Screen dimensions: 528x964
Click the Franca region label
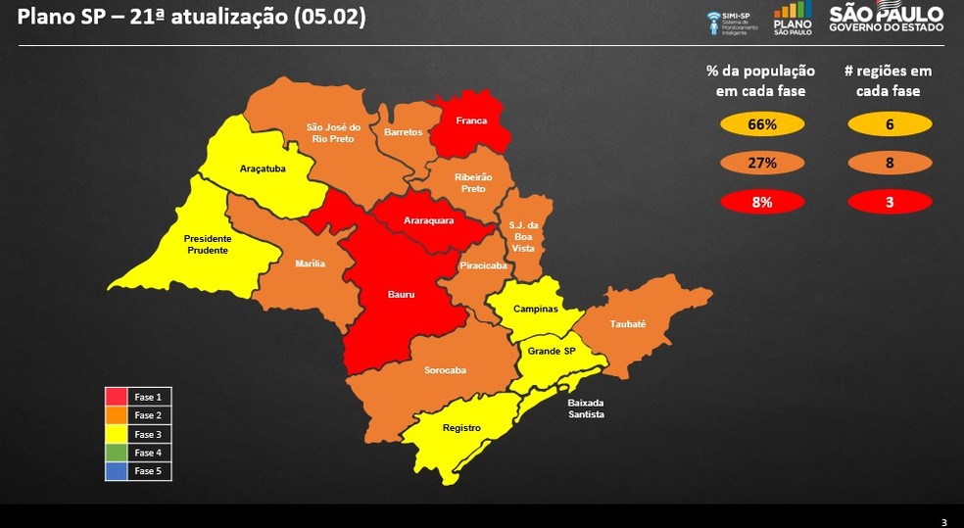pos(471,121)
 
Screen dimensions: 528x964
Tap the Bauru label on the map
pos(401,293)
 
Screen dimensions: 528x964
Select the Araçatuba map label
pos(263,168)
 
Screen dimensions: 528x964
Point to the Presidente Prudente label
pos(207,244)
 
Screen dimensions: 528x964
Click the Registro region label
pos(460,427)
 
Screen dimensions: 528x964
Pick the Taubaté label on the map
pos(628,323)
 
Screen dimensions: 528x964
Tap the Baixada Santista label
pos(586,408)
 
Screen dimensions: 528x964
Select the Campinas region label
pos(535,309)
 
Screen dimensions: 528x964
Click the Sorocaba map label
pos(445,370)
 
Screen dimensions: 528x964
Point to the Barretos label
pos(403,131)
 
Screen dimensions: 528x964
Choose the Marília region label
pos(310,264)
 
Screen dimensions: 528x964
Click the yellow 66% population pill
pos(762,125)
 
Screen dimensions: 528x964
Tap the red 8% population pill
pos(762,202)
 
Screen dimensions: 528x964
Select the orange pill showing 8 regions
pos(889,164)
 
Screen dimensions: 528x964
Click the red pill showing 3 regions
pos(889,202)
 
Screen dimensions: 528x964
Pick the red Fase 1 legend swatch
pos(116,397)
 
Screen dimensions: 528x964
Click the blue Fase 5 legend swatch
pos(116,471)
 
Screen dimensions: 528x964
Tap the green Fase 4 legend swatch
pos(116,453)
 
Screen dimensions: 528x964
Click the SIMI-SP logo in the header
pos(732,23)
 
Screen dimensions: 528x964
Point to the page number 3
pos(942,520)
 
